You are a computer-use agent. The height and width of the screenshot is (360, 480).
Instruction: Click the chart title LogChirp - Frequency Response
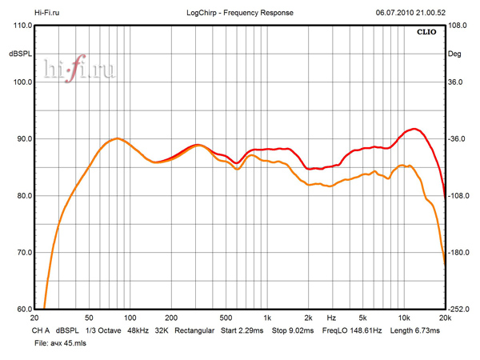pyautogui.click(x=240, y=13)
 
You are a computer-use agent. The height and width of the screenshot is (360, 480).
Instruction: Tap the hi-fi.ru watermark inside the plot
pyautogui.click(x=80, y=70)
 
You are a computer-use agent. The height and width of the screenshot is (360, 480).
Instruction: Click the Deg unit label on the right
pyautogui.click(x=456, y=54)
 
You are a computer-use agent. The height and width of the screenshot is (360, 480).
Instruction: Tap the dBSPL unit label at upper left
pyautogui.click(x=20, y=54)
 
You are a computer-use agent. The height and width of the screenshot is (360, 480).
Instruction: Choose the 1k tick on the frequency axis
pyautogui.click(x=267, y=318)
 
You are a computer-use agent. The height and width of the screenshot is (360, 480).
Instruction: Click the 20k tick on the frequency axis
pyautogui.click(x=445, y=318)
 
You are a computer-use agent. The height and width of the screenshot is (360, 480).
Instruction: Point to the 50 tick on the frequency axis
pyautogui.click(x=89, y=318)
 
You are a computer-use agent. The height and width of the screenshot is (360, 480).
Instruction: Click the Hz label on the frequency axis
pyautogui.click(x=331, y=318)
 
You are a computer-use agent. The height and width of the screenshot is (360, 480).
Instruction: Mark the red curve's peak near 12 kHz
pyautogui.click(x=413, y=128)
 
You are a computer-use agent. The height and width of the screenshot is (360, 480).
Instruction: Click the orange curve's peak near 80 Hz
pyautogui.click(x=117, y=138)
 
